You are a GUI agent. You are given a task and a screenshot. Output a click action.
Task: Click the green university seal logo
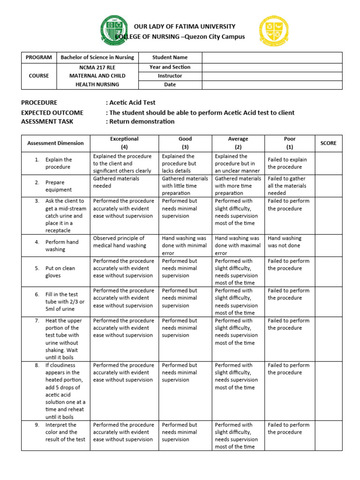113,31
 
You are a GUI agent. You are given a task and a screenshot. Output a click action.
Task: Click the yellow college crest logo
274,31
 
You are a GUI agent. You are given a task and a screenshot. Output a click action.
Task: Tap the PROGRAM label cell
39,58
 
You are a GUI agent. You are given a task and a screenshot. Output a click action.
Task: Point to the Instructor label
170,75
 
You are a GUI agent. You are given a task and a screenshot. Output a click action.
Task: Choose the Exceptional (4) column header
124,142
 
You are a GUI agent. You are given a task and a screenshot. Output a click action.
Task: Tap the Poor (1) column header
290,142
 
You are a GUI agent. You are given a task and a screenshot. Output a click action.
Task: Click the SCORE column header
329,143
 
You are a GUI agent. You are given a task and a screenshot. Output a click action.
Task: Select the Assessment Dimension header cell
56,143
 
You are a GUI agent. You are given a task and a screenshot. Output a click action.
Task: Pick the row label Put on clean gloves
60,272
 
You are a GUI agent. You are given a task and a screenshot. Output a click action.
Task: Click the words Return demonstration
142,121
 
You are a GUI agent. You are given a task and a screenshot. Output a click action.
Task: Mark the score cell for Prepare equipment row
329,186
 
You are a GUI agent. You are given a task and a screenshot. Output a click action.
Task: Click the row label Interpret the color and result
65,432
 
